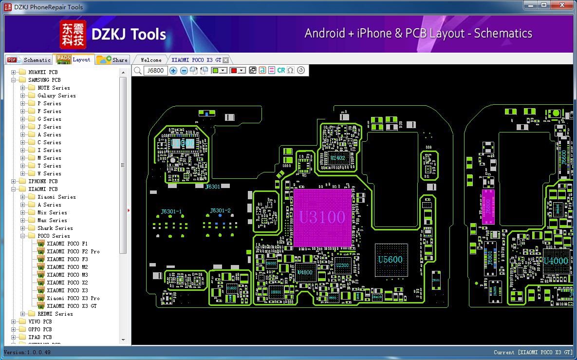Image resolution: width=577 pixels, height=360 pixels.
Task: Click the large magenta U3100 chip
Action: point(322,218)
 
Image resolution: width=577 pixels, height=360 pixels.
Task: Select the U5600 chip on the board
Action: point(391,260)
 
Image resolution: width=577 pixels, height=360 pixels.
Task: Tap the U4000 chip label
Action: point(556,261)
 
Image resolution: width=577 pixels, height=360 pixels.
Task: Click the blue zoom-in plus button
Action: point(174,71)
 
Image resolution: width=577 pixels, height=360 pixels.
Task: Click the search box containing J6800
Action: point(155,71)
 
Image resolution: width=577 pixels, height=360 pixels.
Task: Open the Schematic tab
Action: point(29,60)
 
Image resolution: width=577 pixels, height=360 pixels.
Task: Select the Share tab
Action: point(112,60)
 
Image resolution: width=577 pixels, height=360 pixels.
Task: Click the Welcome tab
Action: point(151,60)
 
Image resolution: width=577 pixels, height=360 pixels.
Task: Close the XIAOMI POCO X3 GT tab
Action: point(226,60)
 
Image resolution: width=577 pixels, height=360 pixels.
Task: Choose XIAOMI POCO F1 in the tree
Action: point(67,244)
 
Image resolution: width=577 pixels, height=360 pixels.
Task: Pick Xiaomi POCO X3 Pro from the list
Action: point(73,298)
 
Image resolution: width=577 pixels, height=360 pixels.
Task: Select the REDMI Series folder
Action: point(55,314)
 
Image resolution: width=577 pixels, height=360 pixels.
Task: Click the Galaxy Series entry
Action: point(56,95)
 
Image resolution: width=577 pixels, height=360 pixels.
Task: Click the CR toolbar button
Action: point(281,71)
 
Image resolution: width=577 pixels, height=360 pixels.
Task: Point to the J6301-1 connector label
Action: point(171,211)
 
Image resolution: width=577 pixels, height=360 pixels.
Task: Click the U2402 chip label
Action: point(337,158)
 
